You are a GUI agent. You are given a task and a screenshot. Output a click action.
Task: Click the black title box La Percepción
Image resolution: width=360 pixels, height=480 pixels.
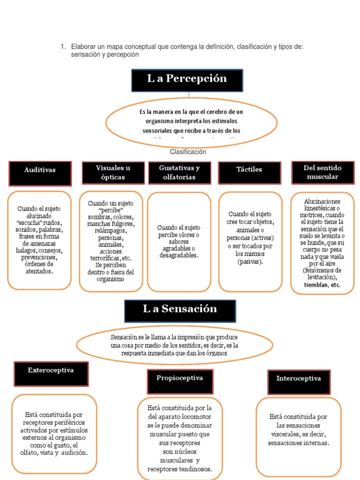(x=187, y=80)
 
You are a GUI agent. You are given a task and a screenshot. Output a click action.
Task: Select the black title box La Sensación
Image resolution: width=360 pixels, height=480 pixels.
(x=180, y=311)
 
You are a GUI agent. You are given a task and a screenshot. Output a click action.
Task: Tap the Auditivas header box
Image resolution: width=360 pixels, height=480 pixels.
(x=40, y=173)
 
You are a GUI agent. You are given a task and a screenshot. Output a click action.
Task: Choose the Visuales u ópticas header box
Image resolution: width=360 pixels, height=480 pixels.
(x=113, y=172)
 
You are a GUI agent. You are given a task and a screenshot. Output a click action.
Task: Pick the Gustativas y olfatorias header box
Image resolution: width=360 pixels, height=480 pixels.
(x=179, y=172)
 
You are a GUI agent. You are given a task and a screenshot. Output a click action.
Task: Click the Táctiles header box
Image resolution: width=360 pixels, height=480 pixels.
(x=249, y=172)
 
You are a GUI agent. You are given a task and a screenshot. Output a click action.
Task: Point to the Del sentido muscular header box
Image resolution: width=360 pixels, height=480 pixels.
(x=322, y=172)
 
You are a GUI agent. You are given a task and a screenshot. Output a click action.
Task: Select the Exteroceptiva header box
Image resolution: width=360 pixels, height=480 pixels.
(x=51, y=373)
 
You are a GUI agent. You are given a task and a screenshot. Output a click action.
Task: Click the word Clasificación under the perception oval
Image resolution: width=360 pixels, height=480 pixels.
(x=188, y=152)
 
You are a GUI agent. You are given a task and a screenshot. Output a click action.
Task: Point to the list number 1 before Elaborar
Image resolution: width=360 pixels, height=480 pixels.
(x=62, y=47)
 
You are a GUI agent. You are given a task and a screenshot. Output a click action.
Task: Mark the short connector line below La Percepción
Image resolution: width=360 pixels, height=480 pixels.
(x=189, y=95)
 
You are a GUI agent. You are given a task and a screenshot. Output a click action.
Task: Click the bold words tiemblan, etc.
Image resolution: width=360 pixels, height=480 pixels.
(x=322, y=285)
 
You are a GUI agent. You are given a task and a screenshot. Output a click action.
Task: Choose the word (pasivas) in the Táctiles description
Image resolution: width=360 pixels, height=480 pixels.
(x=250, y=261)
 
